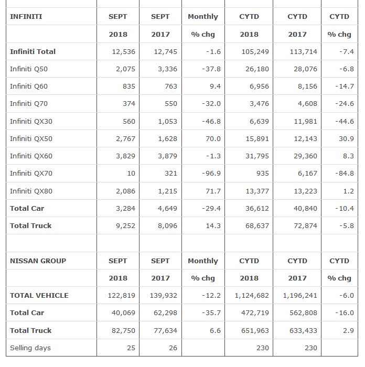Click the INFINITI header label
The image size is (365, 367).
(x=26, y=16)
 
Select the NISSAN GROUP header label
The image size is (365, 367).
(x=38, y=261)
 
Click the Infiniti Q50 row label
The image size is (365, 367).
(x=29, y=69)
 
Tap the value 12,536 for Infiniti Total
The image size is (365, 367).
(x=124, y=51)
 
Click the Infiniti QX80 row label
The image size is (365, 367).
(x=31, y=191)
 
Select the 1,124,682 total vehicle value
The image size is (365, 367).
(x=252, y=295)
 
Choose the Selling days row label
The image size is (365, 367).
(x=30, y=348)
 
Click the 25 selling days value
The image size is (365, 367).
(x=131, y=348)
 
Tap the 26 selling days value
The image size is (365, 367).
(x=173, y=348)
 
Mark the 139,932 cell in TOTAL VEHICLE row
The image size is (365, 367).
(x=164, y=295)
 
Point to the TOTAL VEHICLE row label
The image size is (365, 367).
(x=39, y=295)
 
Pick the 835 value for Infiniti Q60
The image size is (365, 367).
(x=128, y=86)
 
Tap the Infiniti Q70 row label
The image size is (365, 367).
(x=29, y=103)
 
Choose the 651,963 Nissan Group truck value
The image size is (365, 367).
(x=255, y=330)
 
